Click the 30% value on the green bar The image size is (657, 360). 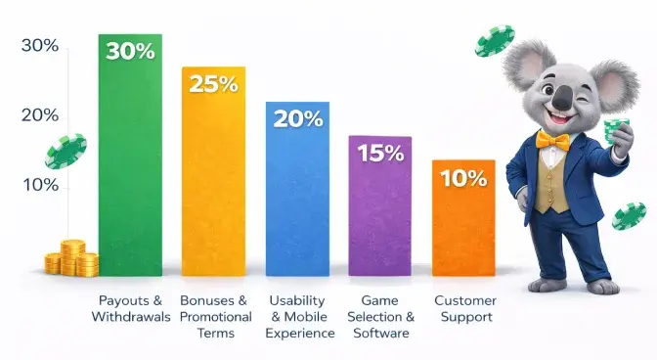tap(130, 51)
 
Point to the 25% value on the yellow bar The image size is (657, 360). tap(212, 83)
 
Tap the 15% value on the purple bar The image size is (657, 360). tap(380, 153)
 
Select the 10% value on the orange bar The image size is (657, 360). tap(463, 178)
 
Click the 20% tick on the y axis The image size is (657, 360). tap(39, 115)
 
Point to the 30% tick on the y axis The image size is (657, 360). tap(39, 46)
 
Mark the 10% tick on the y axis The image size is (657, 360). tap(39, 185)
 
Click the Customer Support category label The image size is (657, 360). tap(464, 309)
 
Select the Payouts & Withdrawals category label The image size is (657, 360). tap(130, 309)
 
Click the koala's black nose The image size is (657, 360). tap(564, 96)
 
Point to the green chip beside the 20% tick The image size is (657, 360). tap(66, 152)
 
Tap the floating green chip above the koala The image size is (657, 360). tap(495, 41)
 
